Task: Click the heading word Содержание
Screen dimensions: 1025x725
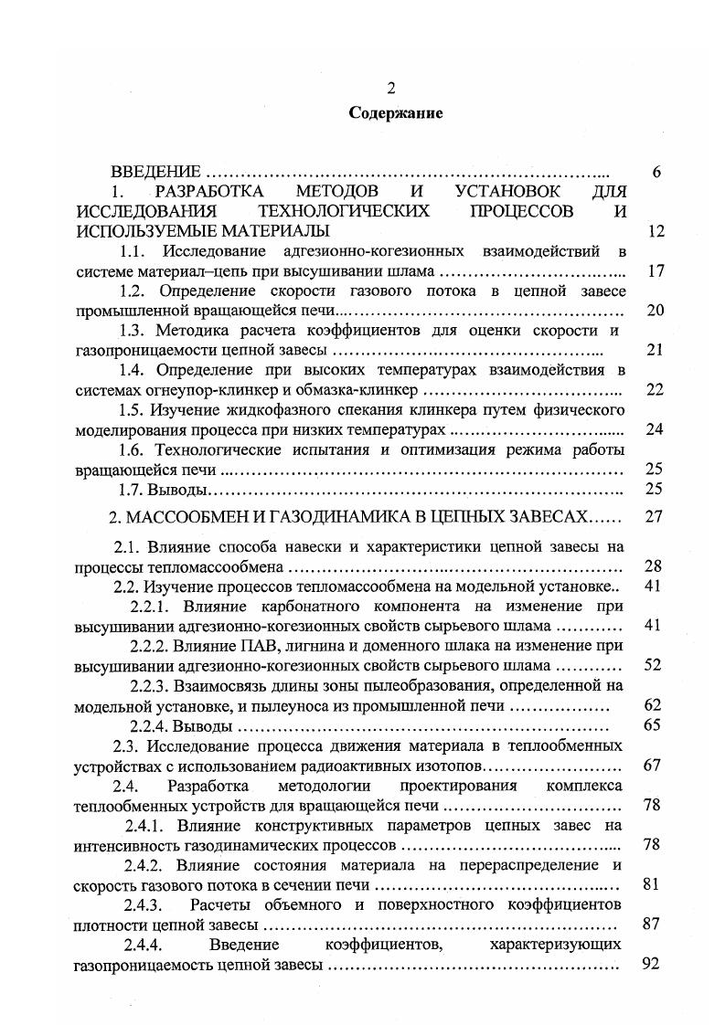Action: (395, 114)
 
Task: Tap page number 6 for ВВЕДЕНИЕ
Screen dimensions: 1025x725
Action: (656, 173)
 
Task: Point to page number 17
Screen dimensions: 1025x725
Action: (654, 271)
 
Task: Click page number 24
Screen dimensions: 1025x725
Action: (654, 429)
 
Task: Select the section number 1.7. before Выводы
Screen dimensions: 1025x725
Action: (134, 489)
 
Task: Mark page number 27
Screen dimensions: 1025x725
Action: (653, 517)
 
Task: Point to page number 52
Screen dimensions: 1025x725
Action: (652, 665)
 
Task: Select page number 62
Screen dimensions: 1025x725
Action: (652, 705)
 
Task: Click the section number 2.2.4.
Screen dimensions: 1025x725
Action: (150, 726)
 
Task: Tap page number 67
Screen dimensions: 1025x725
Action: (652, 766)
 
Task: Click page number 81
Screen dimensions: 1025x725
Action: (652, 884)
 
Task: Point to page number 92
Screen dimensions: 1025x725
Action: (652, 964)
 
